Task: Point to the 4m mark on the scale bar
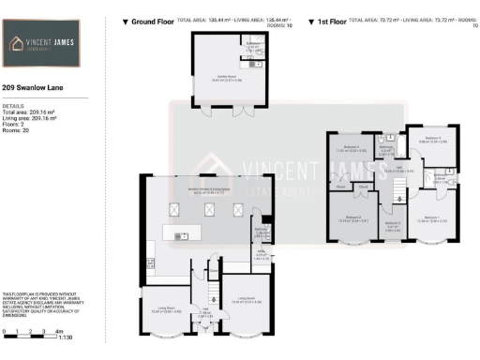click(58, 331)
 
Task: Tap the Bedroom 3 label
click(432, 138)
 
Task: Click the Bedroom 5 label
click(393, 223)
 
